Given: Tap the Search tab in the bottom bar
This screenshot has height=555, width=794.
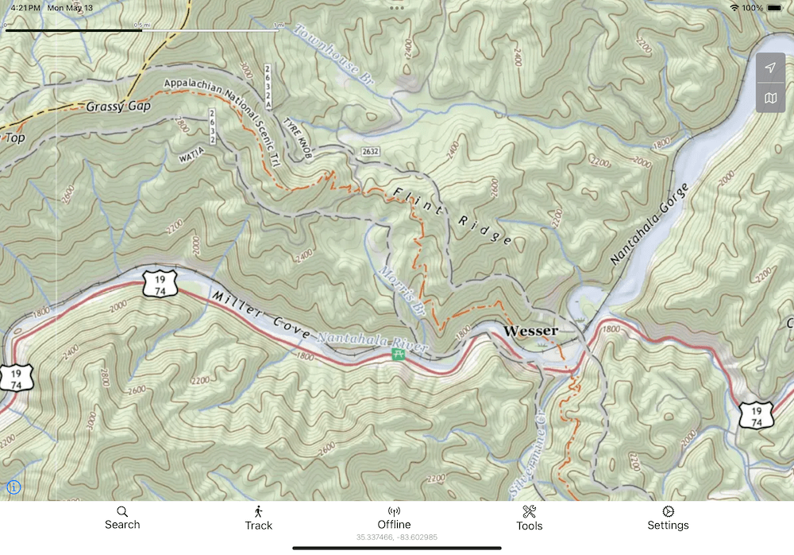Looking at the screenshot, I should (122, 518).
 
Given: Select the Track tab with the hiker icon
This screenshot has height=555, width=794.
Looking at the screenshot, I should (258, 518).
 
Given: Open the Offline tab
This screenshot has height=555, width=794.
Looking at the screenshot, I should (394, 518).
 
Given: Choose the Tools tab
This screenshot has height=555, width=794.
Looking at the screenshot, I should (530, 518).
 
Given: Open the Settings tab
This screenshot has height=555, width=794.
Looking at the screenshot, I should (668, 518).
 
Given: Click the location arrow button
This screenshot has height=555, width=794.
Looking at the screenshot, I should (770, 68).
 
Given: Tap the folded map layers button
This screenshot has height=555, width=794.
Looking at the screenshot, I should (770, 99).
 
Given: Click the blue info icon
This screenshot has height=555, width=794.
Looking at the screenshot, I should (13, 487).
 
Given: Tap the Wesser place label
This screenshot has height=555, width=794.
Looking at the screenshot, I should (531, 331).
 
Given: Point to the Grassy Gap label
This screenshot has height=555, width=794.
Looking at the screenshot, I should (117, 107).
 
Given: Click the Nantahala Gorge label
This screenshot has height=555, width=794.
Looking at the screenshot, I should (649, 223).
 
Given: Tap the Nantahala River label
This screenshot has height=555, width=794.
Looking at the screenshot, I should (372, 343).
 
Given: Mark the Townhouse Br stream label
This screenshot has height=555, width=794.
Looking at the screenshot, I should (333, 54).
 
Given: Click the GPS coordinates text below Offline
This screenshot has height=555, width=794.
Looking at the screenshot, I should (396, 538).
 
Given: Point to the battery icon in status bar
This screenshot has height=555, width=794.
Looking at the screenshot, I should (774, 7).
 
